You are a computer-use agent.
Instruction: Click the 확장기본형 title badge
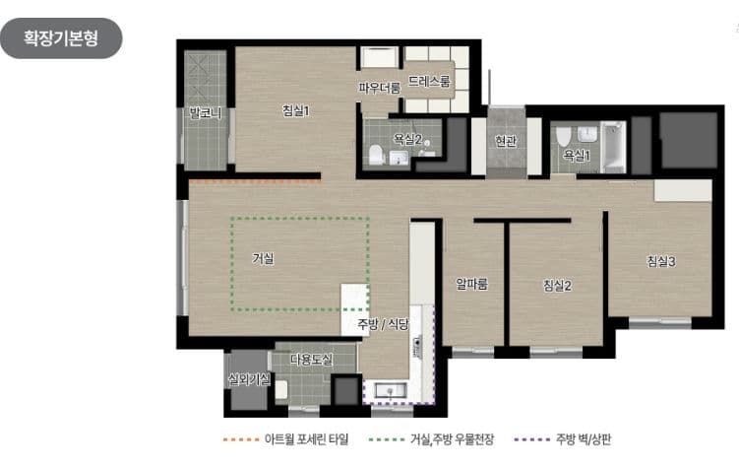[x=61, y=38]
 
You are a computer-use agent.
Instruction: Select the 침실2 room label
[x=557, y=286]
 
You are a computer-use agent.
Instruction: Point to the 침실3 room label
[x=661, y=261]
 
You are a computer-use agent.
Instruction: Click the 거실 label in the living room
[x=263, y=258]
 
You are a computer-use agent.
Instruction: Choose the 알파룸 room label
[x=472, y=285]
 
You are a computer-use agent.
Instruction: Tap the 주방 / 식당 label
[x=382, y=324]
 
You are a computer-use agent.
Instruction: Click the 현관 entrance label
[x=506, y=141]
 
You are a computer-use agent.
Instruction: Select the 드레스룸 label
[x=429, y=82]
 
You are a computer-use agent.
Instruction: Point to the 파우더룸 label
[x=379, y=88]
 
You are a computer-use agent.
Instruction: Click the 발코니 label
[x=206, y=113]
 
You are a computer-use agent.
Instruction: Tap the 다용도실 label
[x=310, y=361]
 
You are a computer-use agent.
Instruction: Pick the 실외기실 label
[x=248, y=379]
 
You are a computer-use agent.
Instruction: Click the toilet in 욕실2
[x=376, y=154]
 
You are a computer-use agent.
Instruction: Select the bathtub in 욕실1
[x=612, y=148]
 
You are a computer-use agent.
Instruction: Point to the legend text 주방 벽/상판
[x=584, y=438]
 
